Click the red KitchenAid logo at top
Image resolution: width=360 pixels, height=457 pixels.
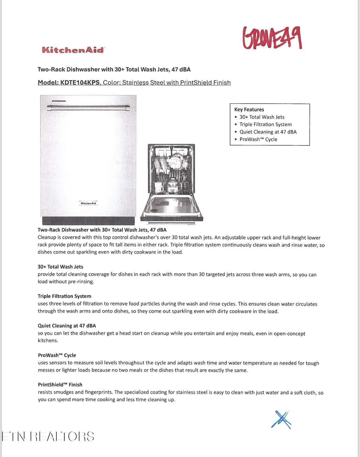(x=73, y=50)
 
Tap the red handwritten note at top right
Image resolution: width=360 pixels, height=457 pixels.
(x=272, y=38)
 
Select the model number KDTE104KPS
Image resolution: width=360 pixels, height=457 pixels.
(x=80, y=83)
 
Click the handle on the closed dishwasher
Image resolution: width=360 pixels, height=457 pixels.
(x=88, y=108)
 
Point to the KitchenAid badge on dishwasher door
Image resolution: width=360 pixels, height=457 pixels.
(x=88, y=203)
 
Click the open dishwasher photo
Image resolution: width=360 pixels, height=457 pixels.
(x=172, y=183)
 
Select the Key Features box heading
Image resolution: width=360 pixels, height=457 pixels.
(x=249, y=110)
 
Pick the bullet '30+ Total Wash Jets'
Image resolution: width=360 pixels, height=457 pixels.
(x=262, y=117)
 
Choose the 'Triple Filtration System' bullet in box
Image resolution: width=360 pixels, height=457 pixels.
(x=265, y=124)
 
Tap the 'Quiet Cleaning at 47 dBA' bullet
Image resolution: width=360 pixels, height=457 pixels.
(x=268, y=132)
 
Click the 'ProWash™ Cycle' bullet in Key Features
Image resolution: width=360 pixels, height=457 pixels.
(x=258, y=139)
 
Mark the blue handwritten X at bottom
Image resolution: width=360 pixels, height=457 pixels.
(x=281, y=420)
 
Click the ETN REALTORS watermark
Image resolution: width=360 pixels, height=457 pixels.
(x=48, y=436)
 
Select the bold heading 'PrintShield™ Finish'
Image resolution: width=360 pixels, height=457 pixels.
(x=60, y=385)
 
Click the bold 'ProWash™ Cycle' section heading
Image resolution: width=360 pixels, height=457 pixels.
(x=57, y=355)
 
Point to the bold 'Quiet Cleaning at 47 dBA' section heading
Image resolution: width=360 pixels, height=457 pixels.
(x=67, y=326)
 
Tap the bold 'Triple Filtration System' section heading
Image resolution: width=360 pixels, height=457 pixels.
(x=64, y=296)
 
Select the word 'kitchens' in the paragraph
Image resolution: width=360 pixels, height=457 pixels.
(x=47, y=341)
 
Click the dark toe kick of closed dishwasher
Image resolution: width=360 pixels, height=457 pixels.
(x=88, y=221)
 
